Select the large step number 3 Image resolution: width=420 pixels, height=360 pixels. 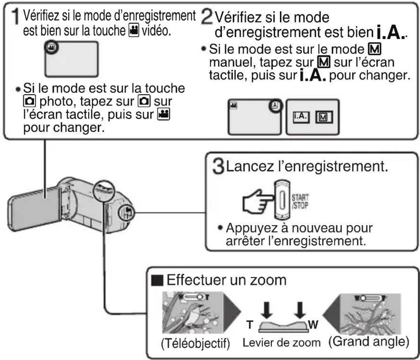click(218, 166)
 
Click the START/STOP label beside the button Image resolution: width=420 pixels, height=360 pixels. click(300, 202)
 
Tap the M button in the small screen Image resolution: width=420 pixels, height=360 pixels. click(324, 117)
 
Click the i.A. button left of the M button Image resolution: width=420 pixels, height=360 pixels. click(301, 117)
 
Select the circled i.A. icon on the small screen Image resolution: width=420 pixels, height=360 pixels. click(275, 106)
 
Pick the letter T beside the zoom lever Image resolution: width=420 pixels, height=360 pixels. click(250, 325)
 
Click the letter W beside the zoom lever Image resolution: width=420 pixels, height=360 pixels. click(313, 325)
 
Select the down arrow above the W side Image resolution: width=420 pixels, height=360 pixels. click(300, 310)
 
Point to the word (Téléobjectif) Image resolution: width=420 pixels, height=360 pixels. click(195, 343)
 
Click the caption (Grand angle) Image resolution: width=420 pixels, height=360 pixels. click(369, 342)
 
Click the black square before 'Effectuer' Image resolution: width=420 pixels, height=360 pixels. click(157, 280)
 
